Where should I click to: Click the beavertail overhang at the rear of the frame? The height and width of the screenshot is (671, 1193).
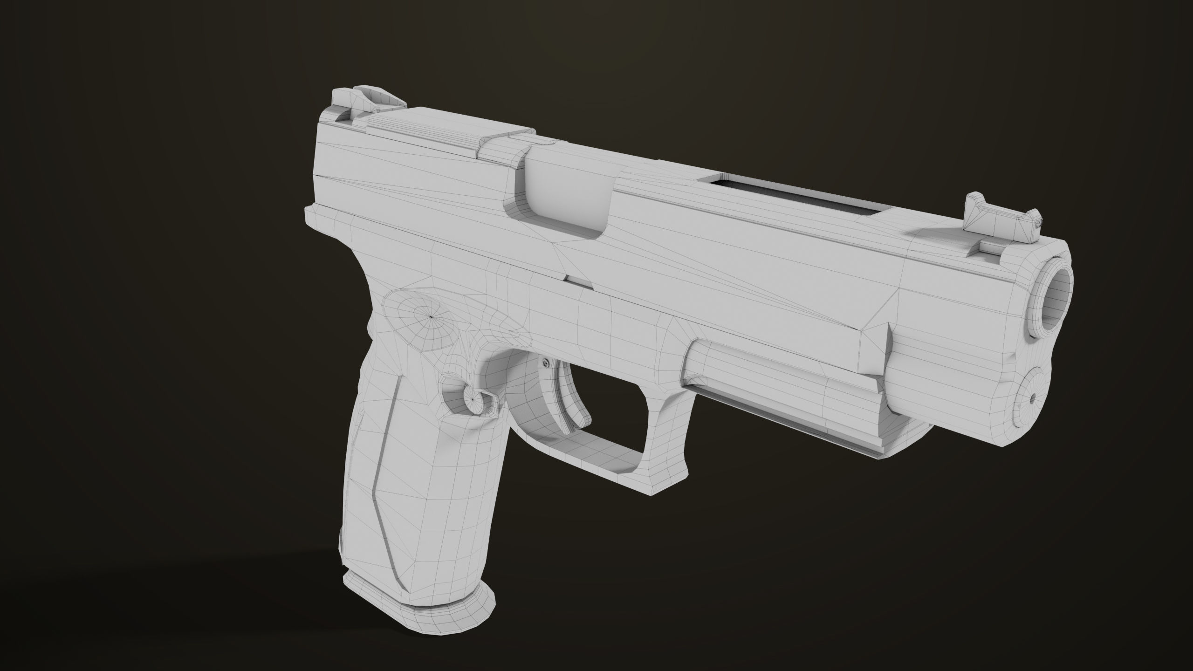coord(322,219)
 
